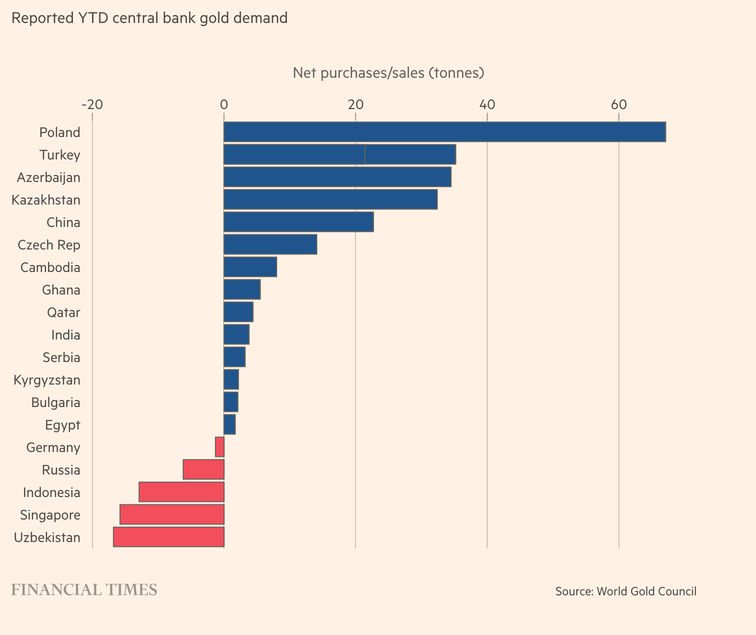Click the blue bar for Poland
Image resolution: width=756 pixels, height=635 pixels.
pos(444,132)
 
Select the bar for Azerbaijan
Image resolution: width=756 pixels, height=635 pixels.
pos(337,177)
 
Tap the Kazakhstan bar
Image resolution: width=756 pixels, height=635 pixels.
pos(331,200)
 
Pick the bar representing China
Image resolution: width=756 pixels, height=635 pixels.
pos(299,222)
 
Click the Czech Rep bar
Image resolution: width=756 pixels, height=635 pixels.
pos(270,245)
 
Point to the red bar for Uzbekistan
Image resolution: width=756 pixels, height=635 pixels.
pos(168,537)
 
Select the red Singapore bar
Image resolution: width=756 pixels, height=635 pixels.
pos(172,515)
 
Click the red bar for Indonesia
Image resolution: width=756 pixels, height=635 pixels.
pos(181,492)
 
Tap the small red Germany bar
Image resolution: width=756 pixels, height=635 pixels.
pos(220,447)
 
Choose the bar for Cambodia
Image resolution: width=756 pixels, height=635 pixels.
pos(250,267)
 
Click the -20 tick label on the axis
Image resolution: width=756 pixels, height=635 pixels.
pos(92,105)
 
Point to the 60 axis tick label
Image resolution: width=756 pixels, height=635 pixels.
pos(618,105)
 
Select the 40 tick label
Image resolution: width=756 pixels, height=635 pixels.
pos(487,105)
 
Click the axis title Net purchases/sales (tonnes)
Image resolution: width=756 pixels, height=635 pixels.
pos(388,73)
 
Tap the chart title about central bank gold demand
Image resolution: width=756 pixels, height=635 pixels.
pos(149,18)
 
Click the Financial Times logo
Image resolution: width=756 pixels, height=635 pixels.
pos(84,590)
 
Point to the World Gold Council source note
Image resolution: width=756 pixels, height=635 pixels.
pos(625,591)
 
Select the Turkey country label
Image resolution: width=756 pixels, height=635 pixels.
pos(60,155)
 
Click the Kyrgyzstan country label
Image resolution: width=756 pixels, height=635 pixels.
pos(47,380)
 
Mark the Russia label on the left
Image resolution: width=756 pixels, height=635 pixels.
pos(61,470)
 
